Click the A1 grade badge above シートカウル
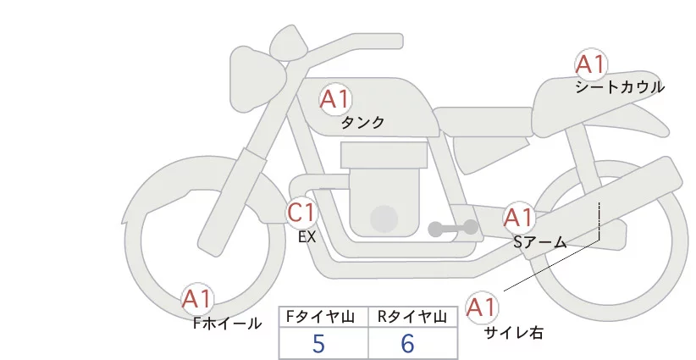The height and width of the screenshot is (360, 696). [590, 65]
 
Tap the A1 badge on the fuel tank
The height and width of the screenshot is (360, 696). [334, 100]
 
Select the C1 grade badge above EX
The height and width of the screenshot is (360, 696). [301, 213]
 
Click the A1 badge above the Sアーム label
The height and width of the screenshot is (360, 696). [518, 218]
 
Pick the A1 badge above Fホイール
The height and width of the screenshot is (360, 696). [198, 299]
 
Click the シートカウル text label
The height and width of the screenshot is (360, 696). [620, 87]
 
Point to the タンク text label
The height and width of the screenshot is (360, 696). [362, 123]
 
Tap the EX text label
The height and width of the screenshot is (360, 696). [307, 237]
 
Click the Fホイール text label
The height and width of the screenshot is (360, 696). [227, 324]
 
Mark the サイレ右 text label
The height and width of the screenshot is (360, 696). [514, 333]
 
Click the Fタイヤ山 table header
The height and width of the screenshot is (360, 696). [323, 317]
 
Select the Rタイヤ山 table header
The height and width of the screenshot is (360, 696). [412, 317]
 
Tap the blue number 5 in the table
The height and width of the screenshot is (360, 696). [318, 343]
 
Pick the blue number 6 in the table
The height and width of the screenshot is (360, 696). [407, 343]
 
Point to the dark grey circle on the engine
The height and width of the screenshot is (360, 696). [385, 219]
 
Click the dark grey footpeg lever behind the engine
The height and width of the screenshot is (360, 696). [453, 228]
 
